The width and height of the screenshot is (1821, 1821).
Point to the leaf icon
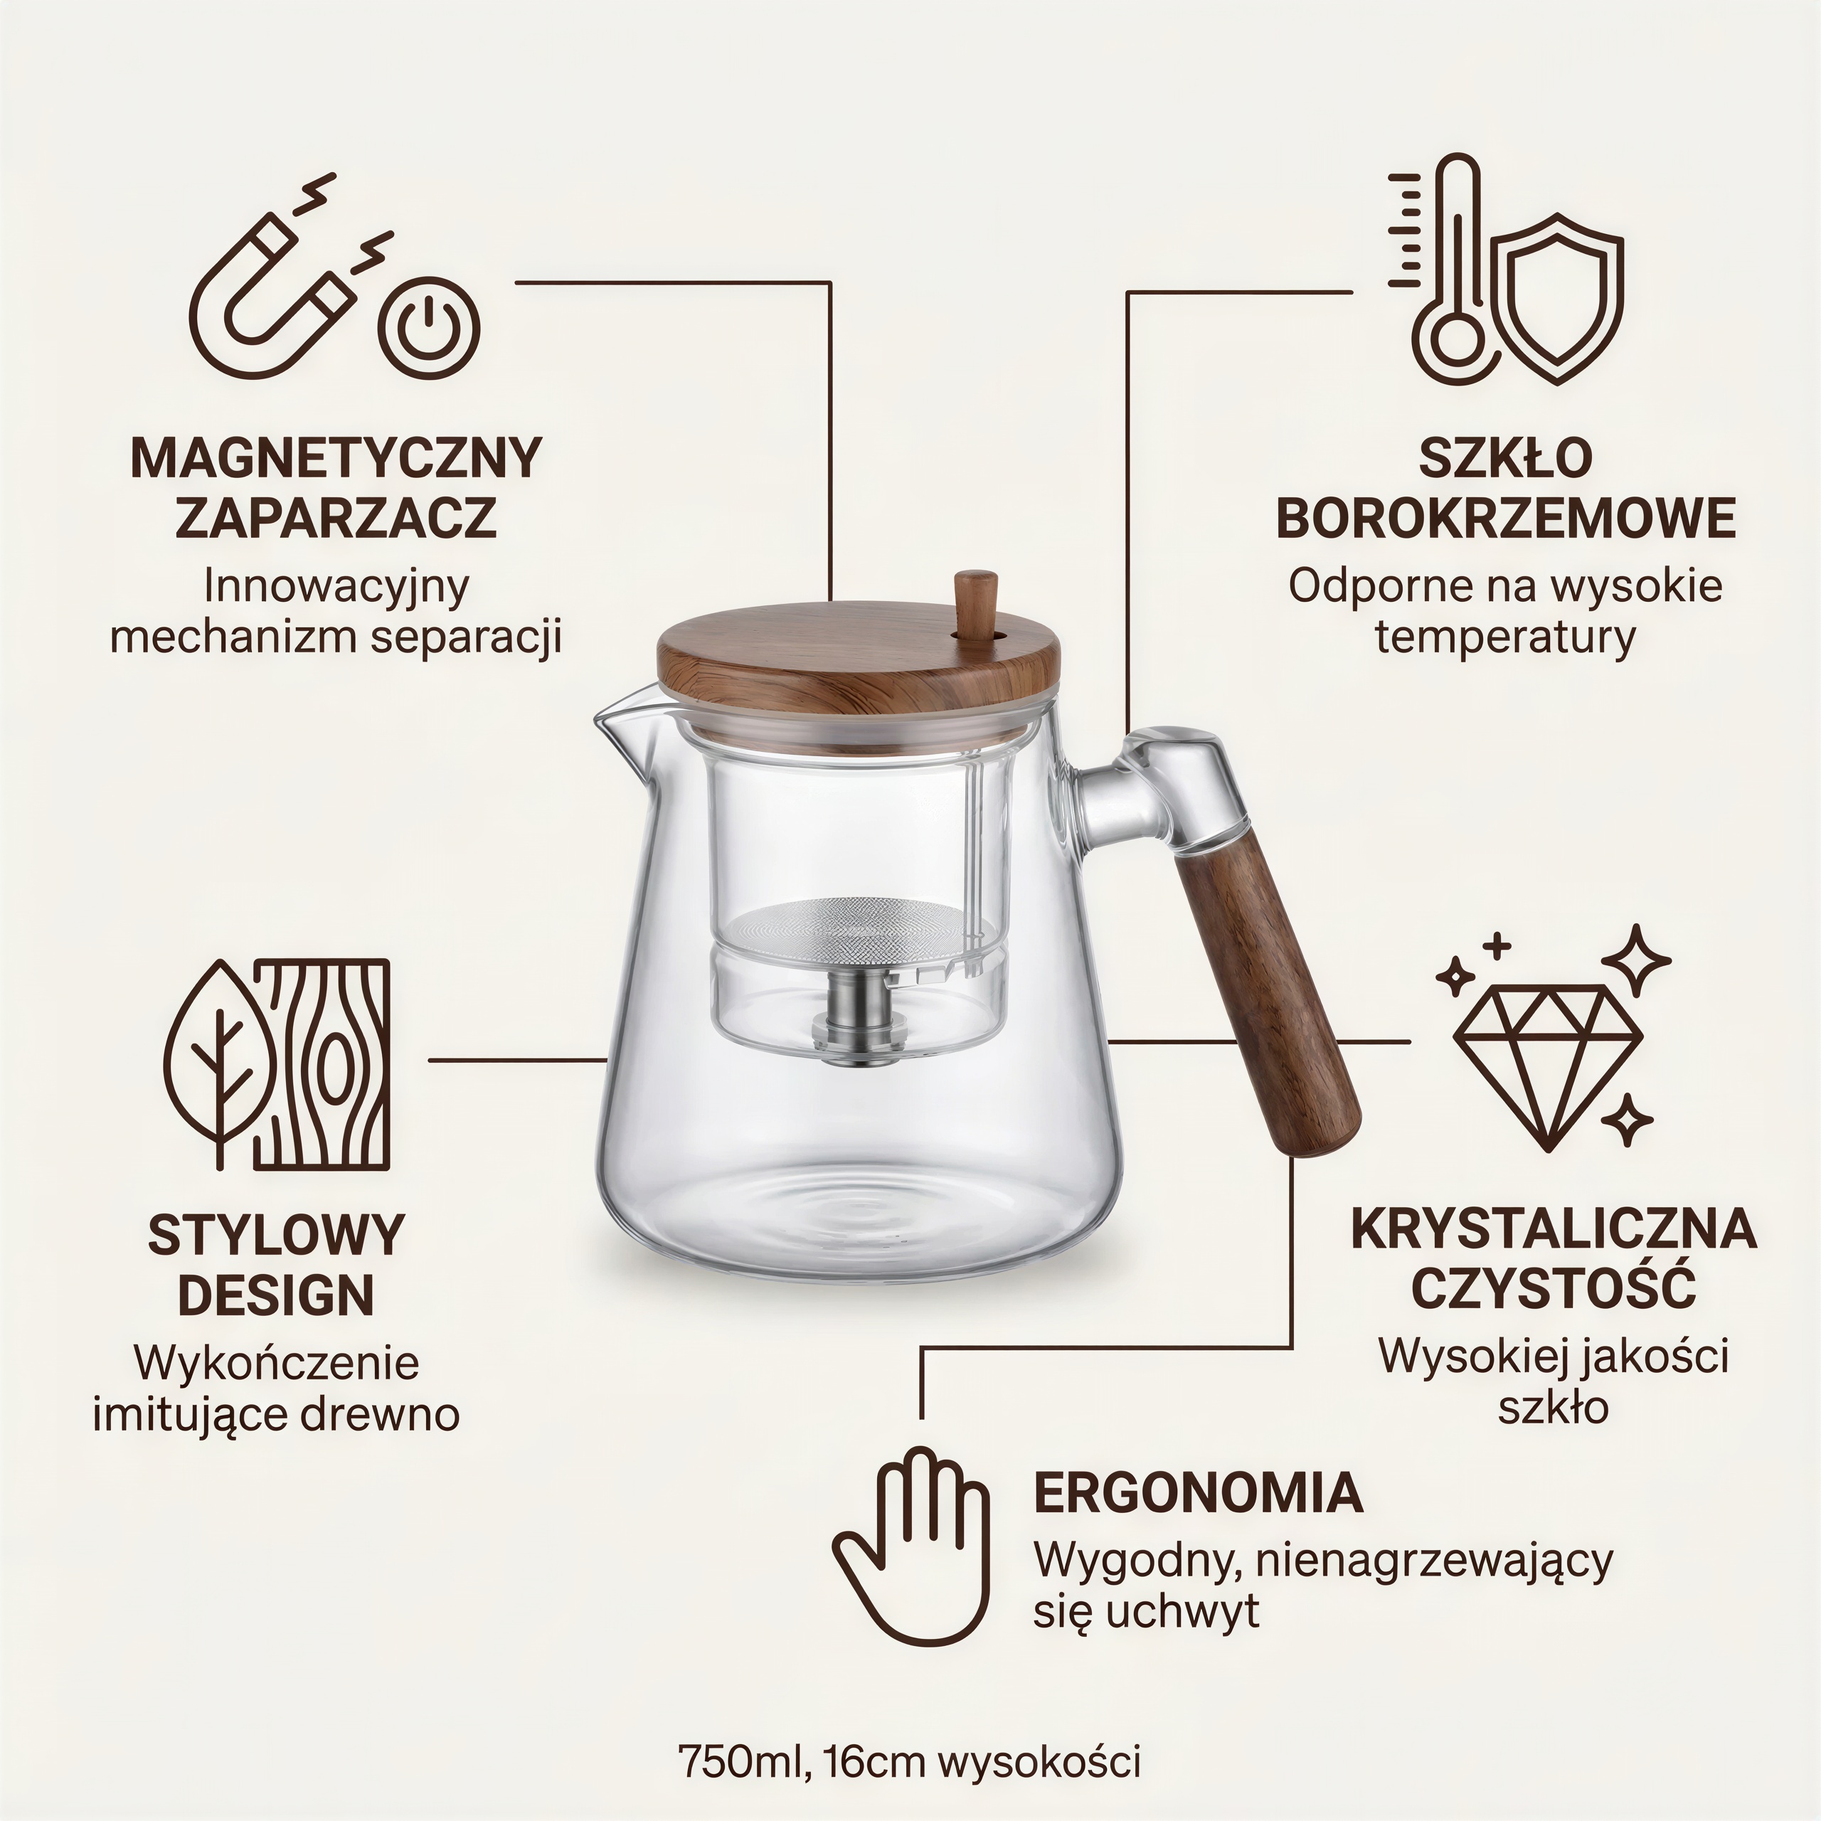coord(221,1064)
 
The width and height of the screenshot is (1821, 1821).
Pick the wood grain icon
coord(322,1064)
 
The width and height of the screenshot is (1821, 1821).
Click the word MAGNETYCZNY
coord(336,458)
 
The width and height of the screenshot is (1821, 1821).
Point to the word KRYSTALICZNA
coord(1554,1229)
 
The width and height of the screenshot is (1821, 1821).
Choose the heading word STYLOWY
coord(276,1236)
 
